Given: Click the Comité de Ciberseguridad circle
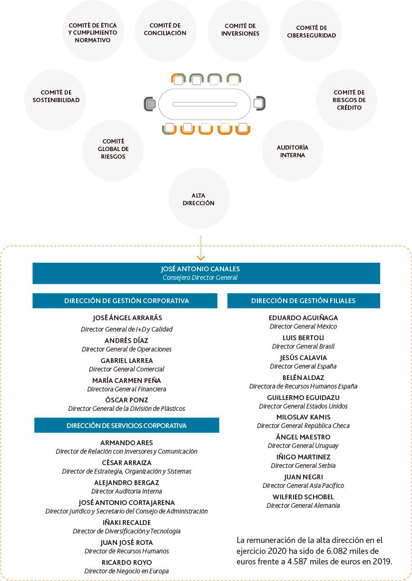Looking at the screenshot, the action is pyautogui.click(x=311, y=31).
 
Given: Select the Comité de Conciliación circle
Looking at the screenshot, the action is pyautogui.click(x=166, y=31).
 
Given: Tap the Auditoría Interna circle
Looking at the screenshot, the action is pyautogui.click(x=293, y=151).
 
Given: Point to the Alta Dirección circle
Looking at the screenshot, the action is pyautogui.click(x=199, y=199).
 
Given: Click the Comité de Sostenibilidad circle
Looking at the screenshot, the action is pyautogui.click(x=55, y=100).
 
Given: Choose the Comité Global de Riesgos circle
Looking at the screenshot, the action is pyautogui.click(x=113, y=151).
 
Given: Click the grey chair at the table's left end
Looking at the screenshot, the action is pyautogui.click(x=150, y=104).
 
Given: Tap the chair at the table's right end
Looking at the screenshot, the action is pyautogui.click(x=259, y=103).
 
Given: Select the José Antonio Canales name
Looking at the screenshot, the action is pyautogui.click(x=200, y=269).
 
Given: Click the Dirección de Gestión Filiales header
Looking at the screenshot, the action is pyautogui.click(x=304, y=301).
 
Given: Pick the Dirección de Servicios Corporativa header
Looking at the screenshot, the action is pyautogui.click(x=127, y=425).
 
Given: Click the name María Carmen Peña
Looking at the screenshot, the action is pyautogui.click(x=127, y=381).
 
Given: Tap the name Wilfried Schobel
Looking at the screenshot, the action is pyautogui.click(x=303, y=497).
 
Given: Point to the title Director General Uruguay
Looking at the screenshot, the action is pyautogui.click(x=303, y=446).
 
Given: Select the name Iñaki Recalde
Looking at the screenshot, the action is pyautogui.click(x=127, y=523).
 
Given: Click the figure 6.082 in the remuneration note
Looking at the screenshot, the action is pyautogui.click(x=337, y=551).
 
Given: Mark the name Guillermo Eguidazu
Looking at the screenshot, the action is pyautogui.click(x=303, y=398).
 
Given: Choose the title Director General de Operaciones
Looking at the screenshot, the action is pyautogui.click(x=127, y=349).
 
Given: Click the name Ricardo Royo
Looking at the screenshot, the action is pyautogui.click(x=127, y=562).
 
